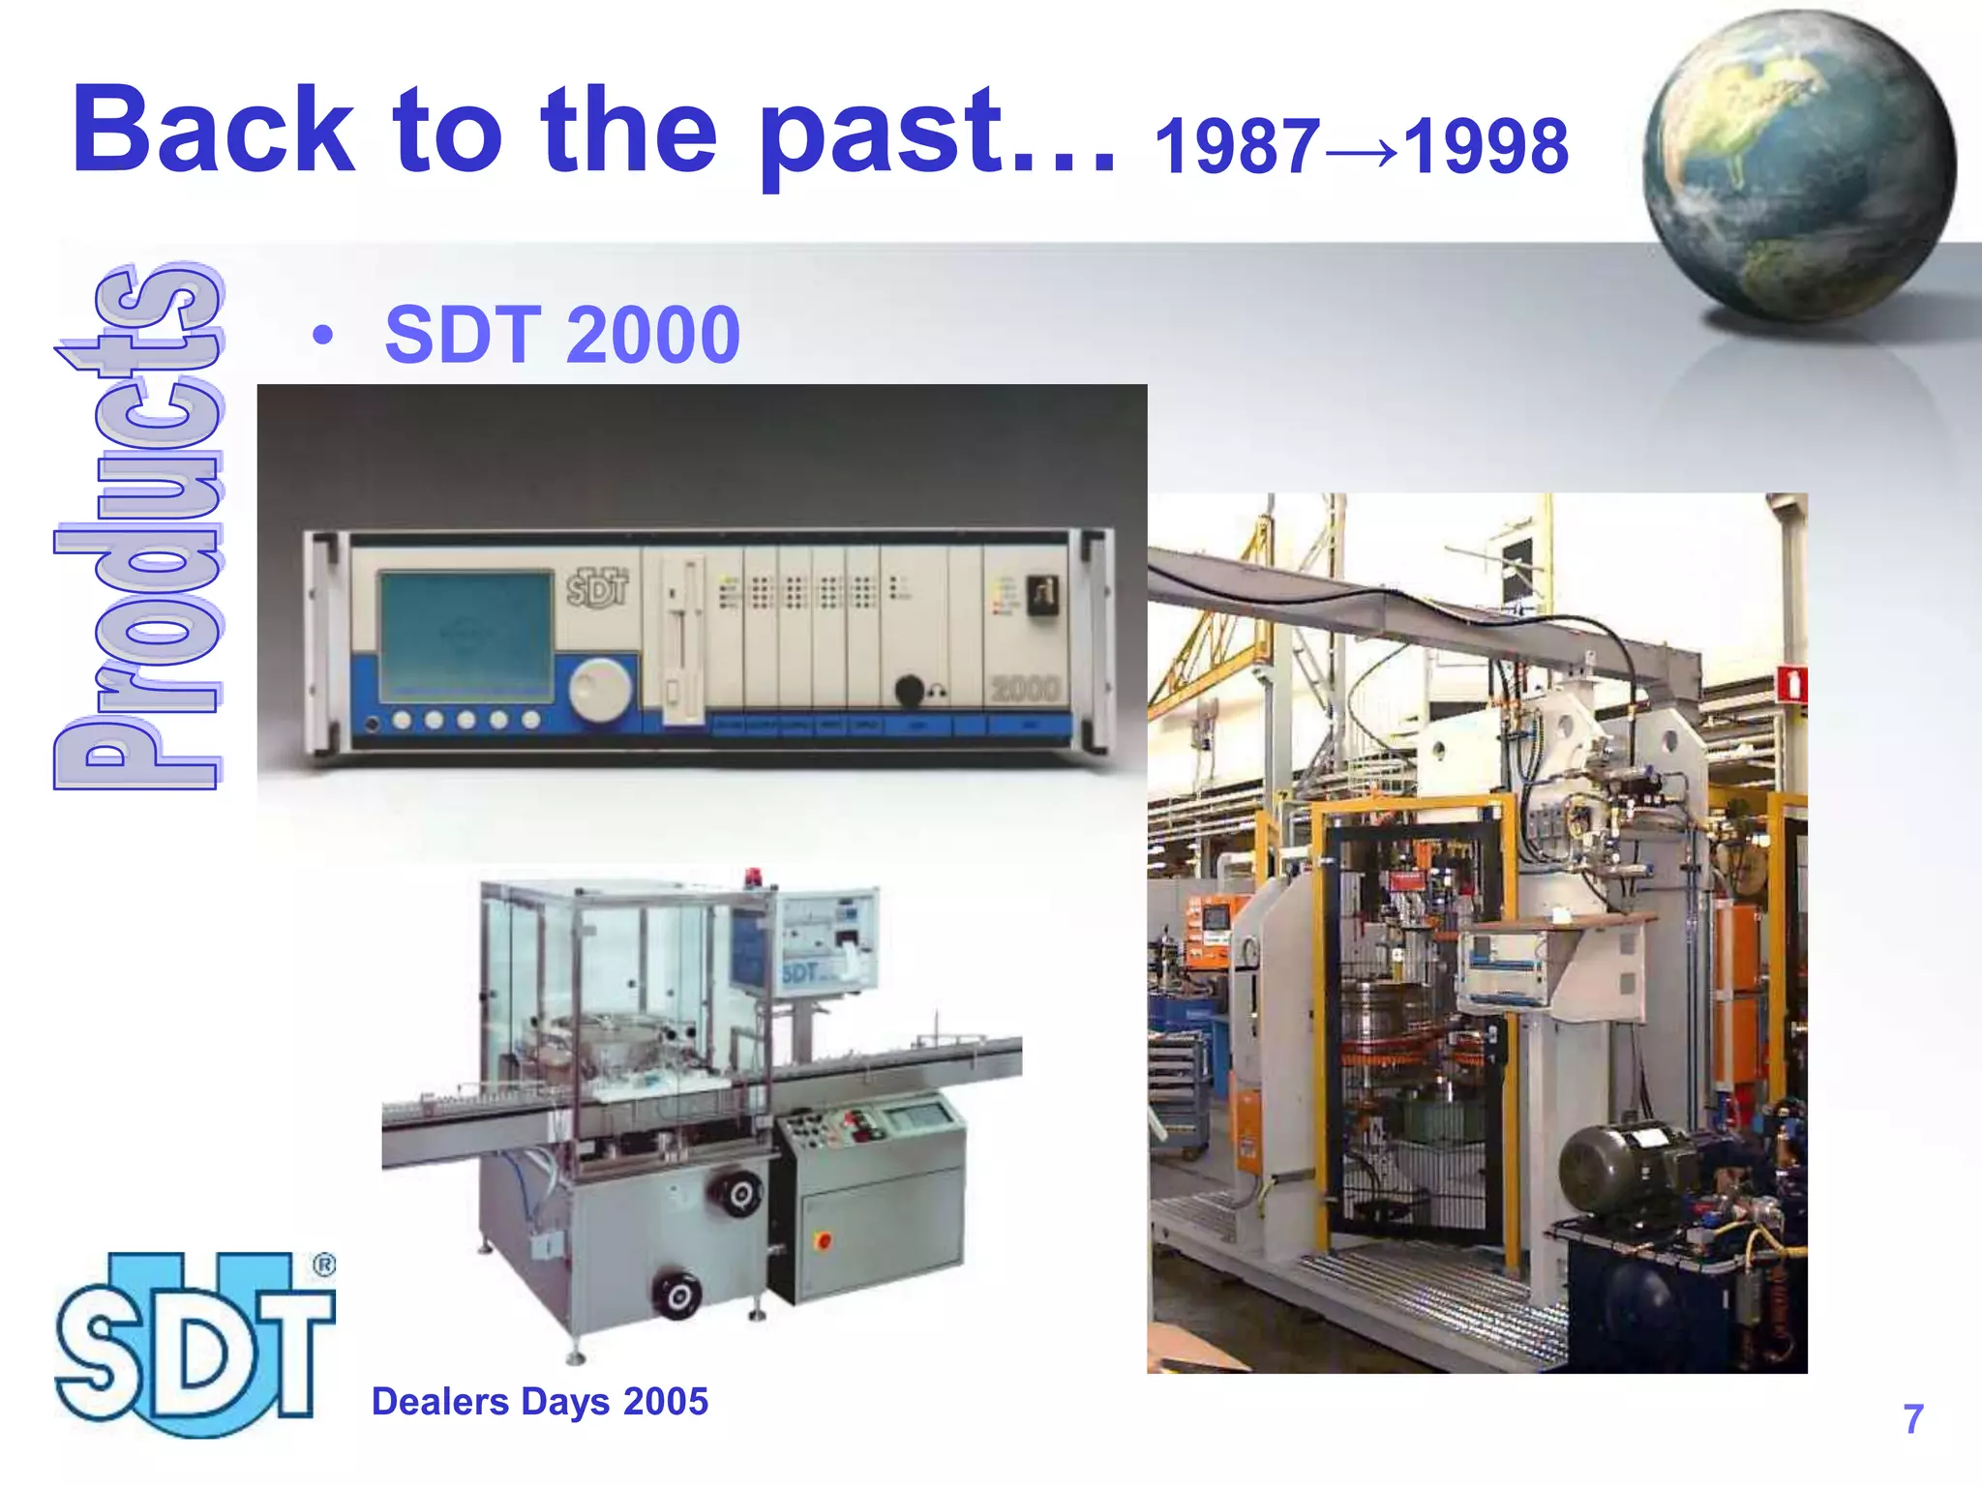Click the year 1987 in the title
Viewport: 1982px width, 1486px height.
[x=1237, y=147]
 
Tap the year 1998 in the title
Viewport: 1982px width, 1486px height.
[x=1486, y=147]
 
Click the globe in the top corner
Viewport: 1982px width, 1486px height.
[x=1798, y=166]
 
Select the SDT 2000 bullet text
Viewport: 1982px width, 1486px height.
[x=562, y=335]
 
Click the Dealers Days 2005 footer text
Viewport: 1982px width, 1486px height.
[x=539, y=1402]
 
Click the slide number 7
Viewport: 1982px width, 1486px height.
[x=1912, y=1419]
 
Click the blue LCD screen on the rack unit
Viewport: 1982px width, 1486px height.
[x=465, y=636]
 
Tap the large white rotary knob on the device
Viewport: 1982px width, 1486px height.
[x=599, y=690]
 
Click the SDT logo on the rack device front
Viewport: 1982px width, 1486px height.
[x=597, y=586]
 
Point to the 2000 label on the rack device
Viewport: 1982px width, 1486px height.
[x=1025, y=688]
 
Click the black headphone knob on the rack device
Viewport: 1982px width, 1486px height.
[x=909, y=691]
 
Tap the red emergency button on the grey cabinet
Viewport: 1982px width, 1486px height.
[x=824, y=1239]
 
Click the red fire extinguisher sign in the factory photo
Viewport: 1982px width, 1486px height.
[x=1791, y=684]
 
